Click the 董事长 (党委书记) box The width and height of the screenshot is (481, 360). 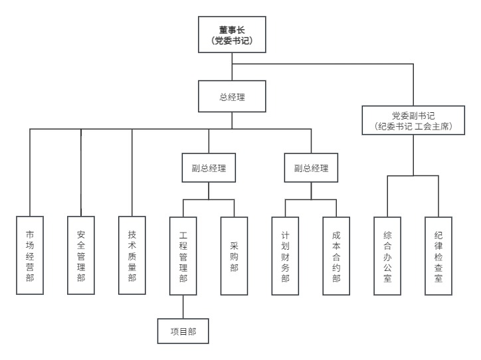point(232,35)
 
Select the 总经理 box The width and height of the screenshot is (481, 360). point(232,96)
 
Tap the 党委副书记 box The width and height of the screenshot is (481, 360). point(413,120)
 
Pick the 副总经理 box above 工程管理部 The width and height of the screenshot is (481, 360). point(209,168)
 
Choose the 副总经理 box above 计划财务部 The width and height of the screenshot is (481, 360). point(311,168)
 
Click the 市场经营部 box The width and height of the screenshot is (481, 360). point(30,256)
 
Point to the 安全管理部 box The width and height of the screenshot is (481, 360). point(81,256)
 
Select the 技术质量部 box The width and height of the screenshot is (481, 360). point(132,256)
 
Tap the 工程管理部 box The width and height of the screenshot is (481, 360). point(183,256)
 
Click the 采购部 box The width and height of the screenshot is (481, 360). point(234,256)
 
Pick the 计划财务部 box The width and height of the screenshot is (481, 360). point(285,256)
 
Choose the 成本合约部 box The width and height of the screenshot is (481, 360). point(336,256)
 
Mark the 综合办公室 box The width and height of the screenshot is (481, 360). point(387,256)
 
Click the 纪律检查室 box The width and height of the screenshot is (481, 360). point(438,256)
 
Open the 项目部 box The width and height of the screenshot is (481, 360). point(183,331)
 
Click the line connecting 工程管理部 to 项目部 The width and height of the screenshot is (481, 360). point(183,307)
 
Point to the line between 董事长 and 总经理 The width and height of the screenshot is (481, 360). point(232,66)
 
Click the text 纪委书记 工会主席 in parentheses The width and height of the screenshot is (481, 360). point(413,126)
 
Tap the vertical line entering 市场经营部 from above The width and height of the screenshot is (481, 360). point(30,173)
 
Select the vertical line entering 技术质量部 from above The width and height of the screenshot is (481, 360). point(132,173)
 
